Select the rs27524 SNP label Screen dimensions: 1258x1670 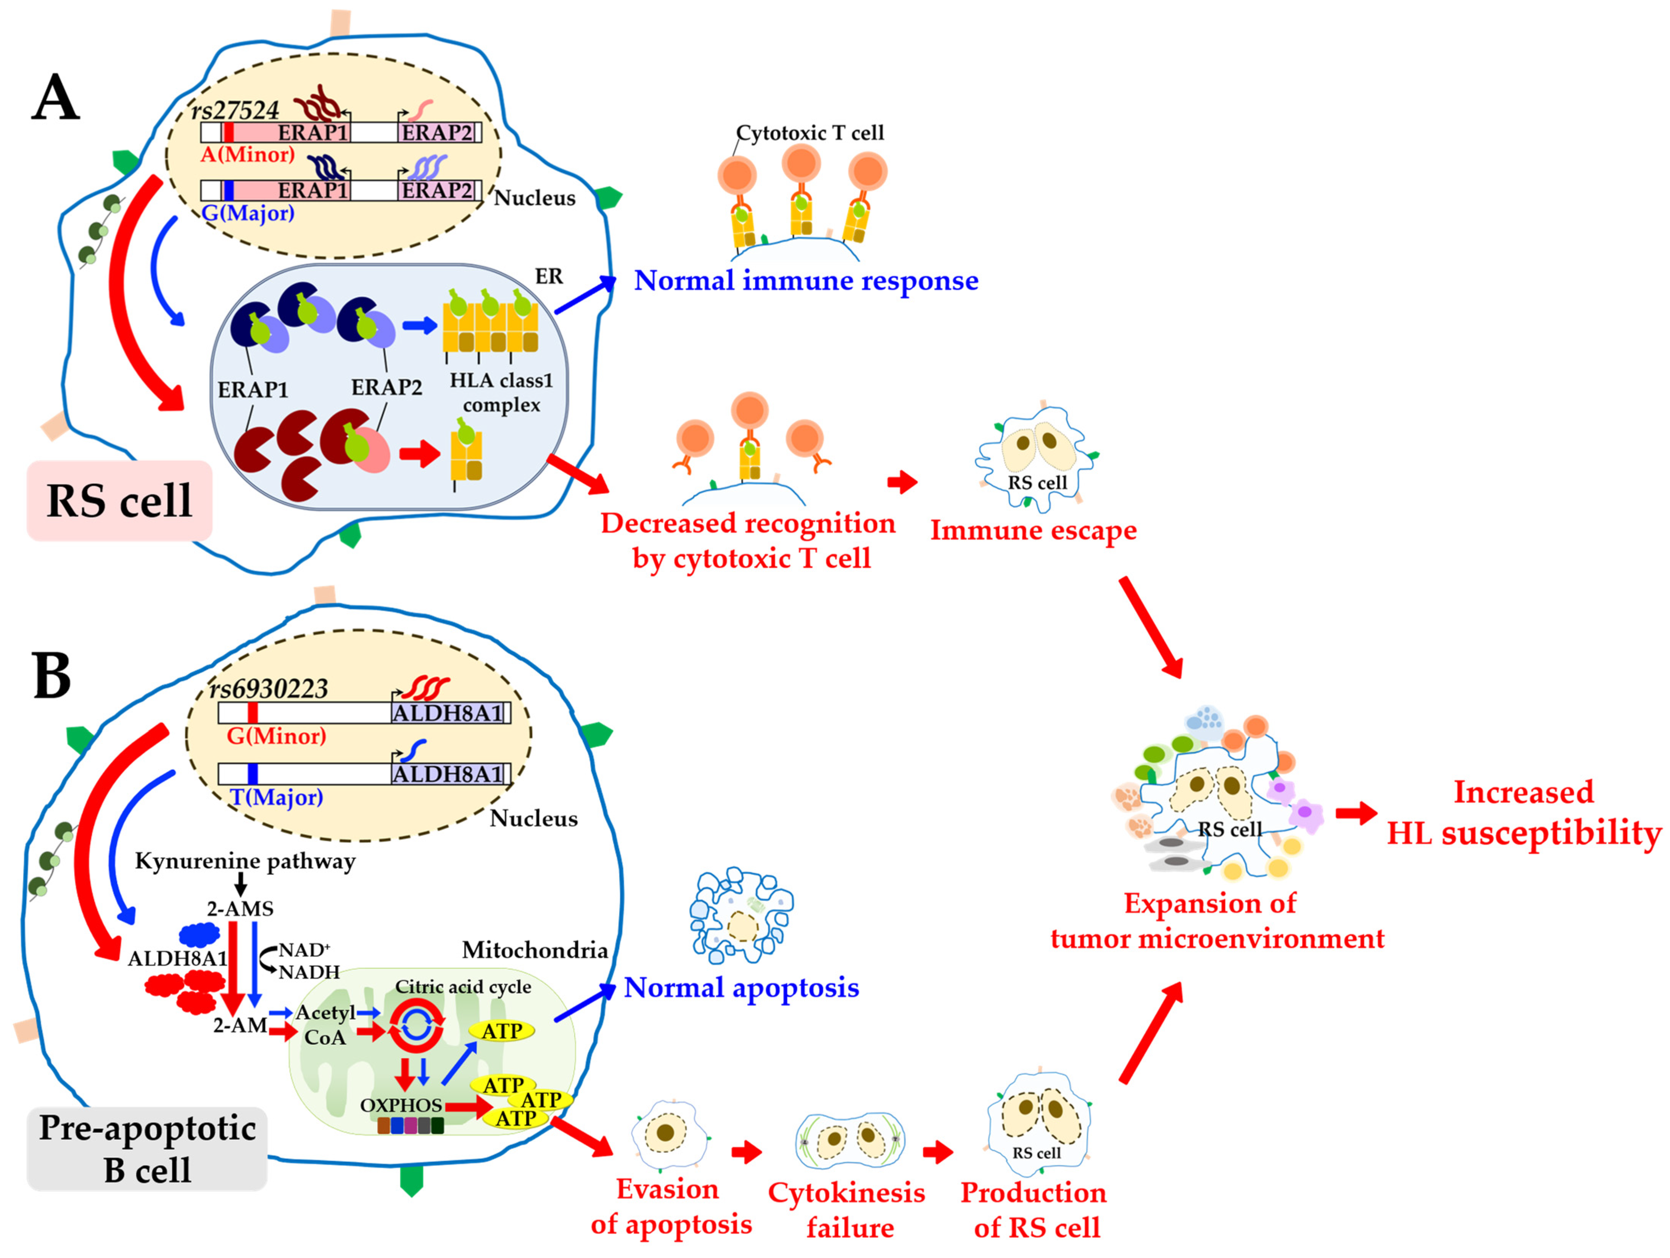pos(235,110)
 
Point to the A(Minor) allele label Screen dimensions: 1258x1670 pos(248,155)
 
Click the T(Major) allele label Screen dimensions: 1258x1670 pos(276,797)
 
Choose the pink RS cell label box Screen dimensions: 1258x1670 pos(119,500)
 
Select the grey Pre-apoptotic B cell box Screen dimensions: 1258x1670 pos(147,1148)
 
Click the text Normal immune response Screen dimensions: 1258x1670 pos(805,281)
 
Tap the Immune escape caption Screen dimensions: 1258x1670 pos(1033,530)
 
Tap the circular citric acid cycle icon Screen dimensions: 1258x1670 pos(416,1025)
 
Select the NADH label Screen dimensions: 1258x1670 pos(309,972)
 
